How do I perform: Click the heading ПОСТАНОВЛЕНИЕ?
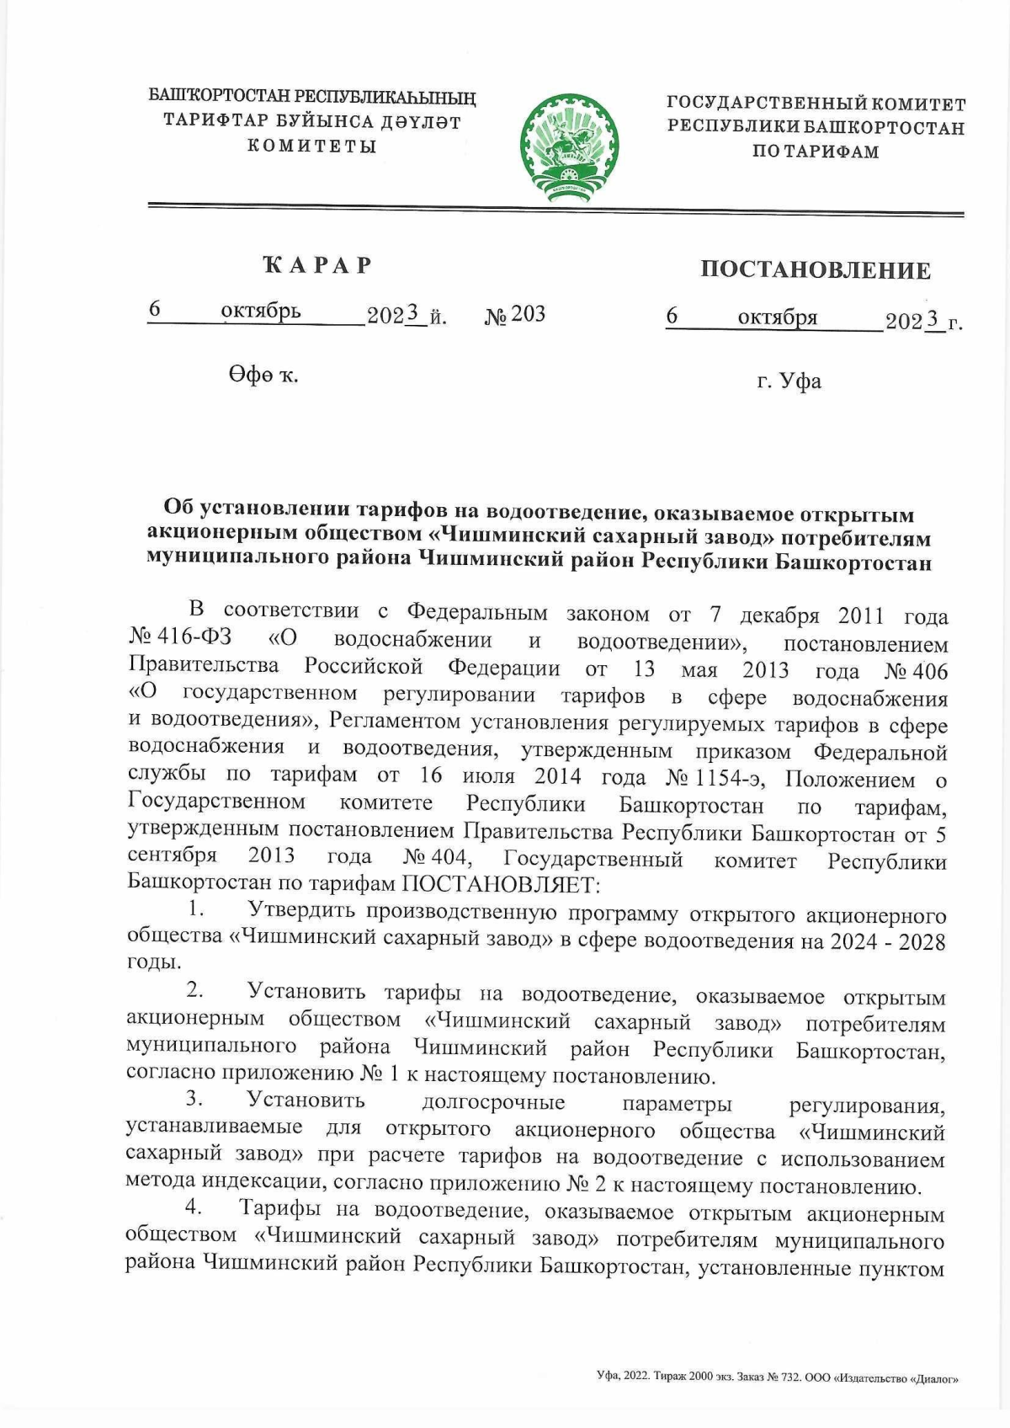[816, 270]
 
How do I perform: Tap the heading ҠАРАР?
[318, 265]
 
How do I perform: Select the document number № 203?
[515, 315]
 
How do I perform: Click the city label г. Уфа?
[789, 381]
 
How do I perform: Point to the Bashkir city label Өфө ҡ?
[263, 376]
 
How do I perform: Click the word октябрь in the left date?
[261, 312]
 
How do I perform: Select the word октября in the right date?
[777, 317]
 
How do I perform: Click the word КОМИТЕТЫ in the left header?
[311, 146]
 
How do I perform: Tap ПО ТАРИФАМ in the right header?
[815, 152]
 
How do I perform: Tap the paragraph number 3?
[194, 1099]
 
